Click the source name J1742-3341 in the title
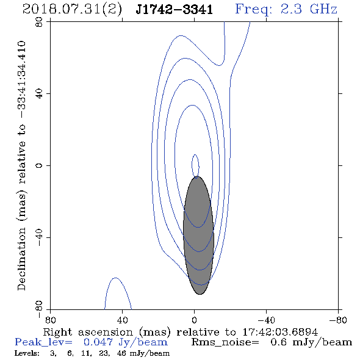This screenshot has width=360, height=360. point(174,10)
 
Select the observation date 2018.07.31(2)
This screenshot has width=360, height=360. point(72,10)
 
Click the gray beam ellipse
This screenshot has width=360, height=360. point(198,236)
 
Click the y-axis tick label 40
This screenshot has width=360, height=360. point(39,94)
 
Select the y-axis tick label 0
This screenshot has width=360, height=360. point(39,165)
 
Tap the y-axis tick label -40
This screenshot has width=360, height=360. point(39,237)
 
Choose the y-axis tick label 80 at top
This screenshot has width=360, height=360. point(39,22)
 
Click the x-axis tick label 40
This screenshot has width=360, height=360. point(122,320)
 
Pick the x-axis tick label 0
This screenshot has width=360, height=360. point(194,320)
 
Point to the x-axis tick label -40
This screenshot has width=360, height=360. point(266,320)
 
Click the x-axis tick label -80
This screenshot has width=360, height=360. point(338,320)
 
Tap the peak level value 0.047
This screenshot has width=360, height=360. point(98,342)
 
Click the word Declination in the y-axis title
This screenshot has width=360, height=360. point(21,259)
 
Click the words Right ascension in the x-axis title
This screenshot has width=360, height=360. point(88,332)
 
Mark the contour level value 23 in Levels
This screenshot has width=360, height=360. point(104,353)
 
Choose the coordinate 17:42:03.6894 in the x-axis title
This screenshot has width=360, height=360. point(280,332)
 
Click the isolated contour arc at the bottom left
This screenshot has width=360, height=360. point(116,278)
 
